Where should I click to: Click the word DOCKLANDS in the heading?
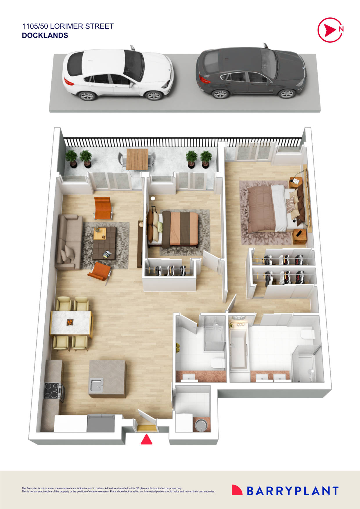coord(45,35)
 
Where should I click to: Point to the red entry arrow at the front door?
coord(147,439)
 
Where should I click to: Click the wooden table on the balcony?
coord(137,159)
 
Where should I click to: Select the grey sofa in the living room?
coord(69,242)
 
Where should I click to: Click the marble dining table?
coord(71,323)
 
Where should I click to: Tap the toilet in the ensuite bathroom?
coord(308,334)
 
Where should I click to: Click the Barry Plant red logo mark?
coord(237,490)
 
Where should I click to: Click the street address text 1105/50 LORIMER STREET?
coord(68,26)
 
